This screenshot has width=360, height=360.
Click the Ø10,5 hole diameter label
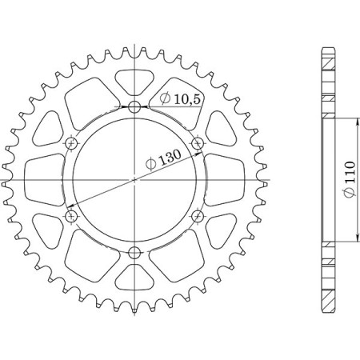178,99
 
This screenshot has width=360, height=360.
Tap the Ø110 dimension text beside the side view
350,181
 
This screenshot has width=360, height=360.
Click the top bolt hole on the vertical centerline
134,107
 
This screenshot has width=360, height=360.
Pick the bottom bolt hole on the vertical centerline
134,254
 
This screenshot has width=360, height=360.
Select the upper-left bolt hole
71,144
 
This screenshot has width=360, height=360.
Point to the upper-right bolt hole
198,144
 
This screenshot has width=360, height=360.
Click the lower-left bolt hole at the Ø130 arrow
71,217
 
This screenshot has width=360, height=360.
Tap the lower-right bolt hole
198,217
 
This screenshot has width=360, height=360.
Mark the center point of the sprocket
134,180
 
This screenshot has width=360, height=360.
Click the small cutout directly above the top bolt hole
134,81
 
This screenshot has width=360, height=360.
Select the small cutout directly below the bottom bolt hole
134,280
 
